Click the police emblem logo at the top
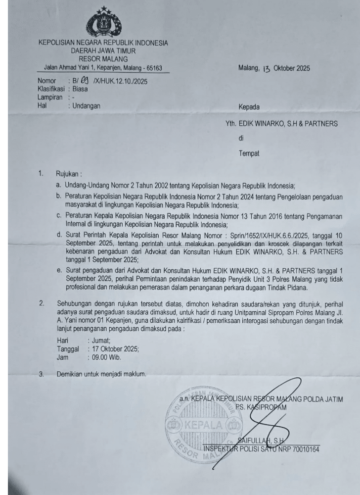103,23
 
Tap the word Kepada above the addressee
249,106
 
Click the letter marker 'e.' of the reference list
59,270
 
